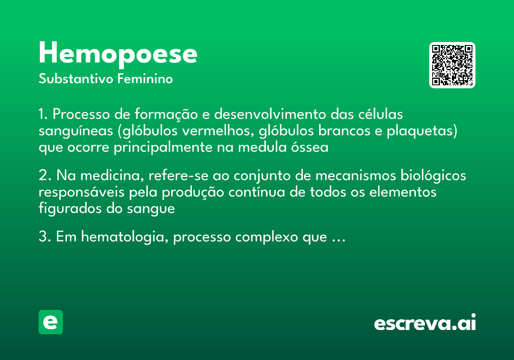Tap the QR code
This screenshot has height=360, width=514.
[452, 65]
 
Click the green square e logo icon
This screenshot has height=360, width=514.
[51, 322]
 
